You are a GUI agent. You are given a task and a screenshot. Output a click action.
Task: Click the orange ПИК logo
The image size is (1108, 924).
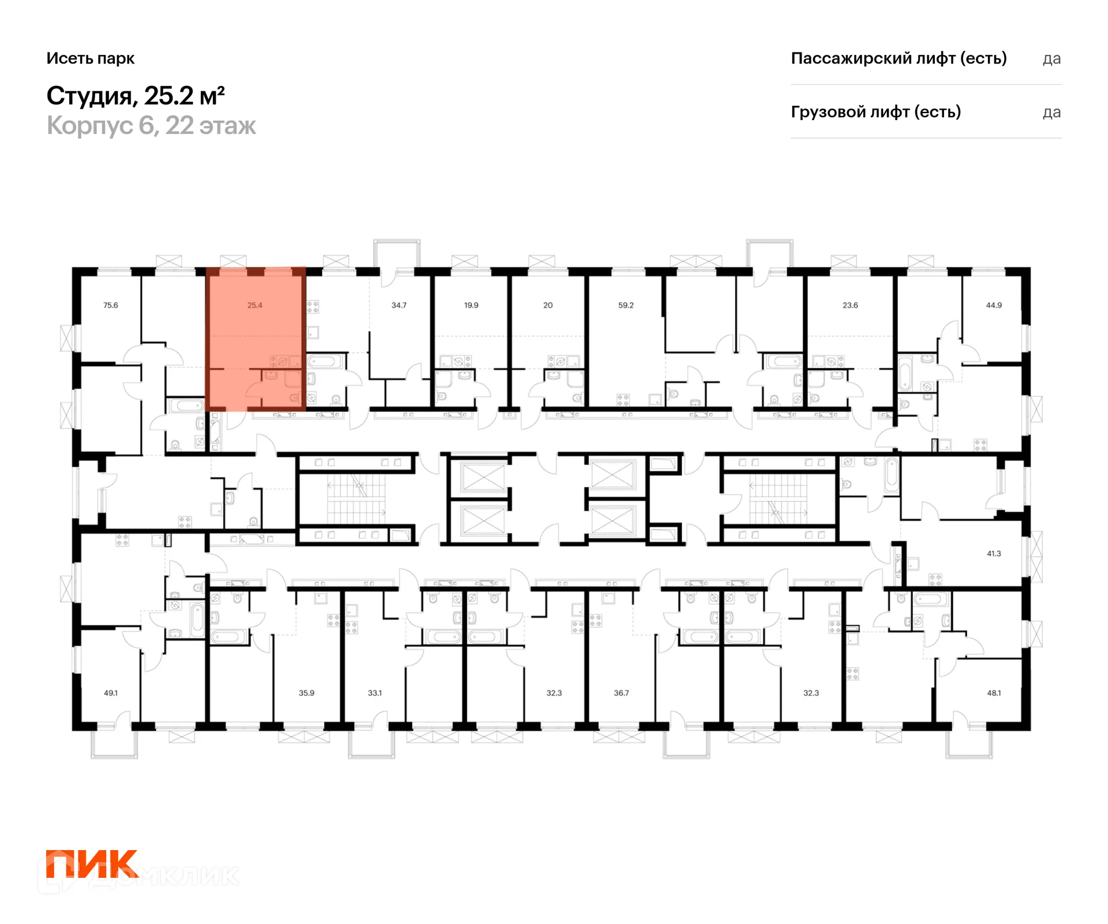(x=92, y=864)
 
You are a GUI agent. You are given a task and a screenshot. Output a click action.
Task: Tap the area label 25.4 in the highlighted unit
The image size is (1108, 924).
(x=254, y=305)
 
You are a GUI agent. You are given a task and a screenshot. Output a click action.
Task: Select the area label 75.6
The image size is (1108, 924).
(x=110, y=305)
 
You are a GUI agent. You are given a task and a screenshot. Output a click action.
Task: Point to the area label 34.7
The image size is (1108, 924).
(x=399, y=305)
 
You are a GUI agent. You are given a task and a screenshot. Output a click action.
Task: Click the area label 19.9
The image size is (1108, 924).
(x=471, y=305)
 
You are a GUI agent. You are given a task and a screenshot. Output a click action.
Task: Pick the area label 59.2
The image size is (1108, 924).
(x=626, y=305)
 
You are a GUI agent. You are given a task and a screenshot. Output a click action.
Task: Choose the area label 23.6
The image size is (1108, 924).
(x=850, y=305)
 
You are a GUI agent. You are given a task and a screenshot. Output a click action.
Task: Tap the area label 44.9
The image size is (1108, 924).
(x=994, y=305)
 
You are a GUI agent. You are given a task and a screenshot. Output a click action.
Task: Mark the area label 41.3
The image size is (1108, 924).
(x=994, y=553)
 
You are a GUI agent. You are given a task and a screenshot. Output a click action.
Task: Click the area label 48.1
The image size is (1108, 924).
(x=994, y=692)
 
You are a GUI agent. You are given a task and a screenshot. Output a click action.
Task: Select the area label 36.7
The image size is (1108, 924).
(x=621, y=692)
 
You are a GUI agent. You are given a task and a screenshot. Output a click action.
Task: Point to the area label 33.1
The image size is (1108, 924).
(x=375, y=692)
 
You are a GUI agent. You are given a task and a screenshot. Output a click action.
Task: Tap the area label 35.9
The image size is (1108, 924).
(x=306, y=692)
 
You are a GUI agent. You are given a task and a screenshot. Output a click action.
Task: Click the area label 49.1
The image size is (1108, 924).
(x=110, y=692)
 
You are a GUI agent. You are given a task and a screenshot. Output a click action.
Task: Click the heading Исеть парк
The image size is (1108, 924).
(x=91, y=58)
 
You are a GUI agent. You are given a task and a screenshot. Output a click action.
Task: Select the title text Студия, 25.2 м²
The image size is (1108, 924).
(x=136, y=96)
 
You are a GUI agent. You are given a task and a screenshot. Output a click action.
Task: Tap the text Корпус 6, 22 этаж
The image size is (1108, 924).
(x=151, y=125)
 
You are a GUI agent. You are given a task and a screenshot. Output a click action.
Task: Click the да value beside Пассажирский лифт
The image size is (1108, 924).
(x=1052, y=59)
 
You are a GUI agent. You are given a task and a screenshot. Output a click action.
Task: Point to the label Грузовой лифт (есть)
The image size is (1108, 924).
(x=876, y=111)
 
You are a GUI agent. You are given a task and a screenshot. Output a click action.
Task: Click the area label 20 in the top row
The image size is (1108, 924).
(x=548, y=305)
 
